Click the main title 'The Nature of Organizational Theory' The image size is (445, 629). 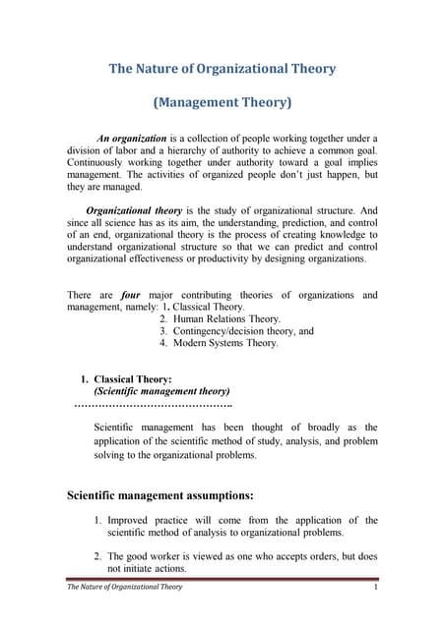[x=222, y=69]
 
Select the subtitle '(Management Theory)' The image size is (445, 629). [x=222, y=102]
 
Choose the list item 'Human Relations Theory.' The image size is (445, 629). [x=226, y=319]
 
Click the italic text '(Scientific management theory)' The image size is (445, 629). [x=161, y=390]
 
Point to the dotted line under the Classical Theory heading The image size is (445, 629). [x=154, y=403]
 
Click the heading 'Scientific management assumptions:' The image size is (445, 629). [x=160, y=494]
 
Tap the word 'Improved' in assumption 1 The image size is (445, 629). [x=128, y=520]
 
